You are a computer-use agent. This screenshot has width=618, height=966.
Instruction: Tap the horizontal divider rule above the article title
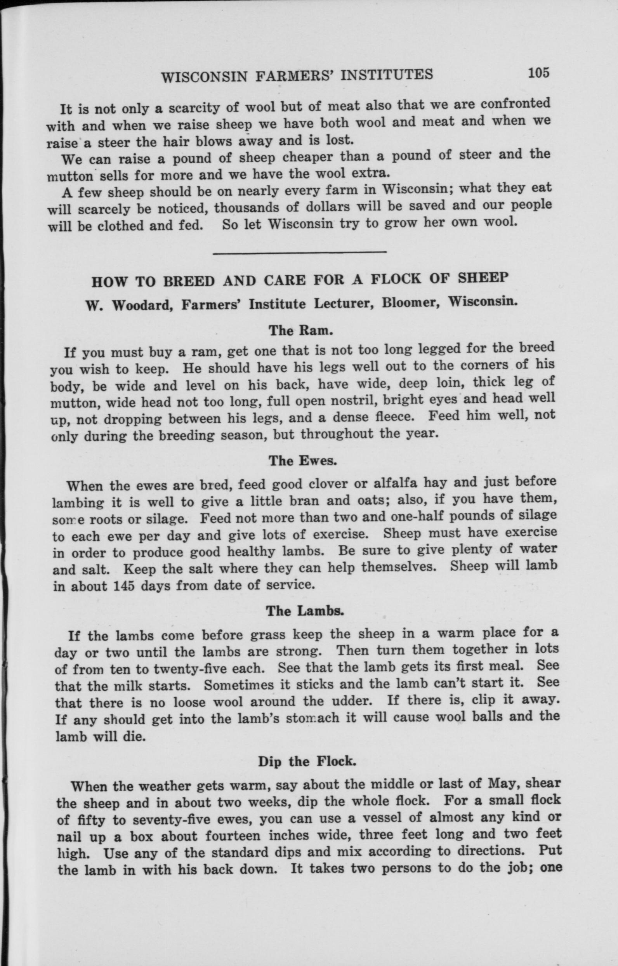(x=299, y=252)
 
